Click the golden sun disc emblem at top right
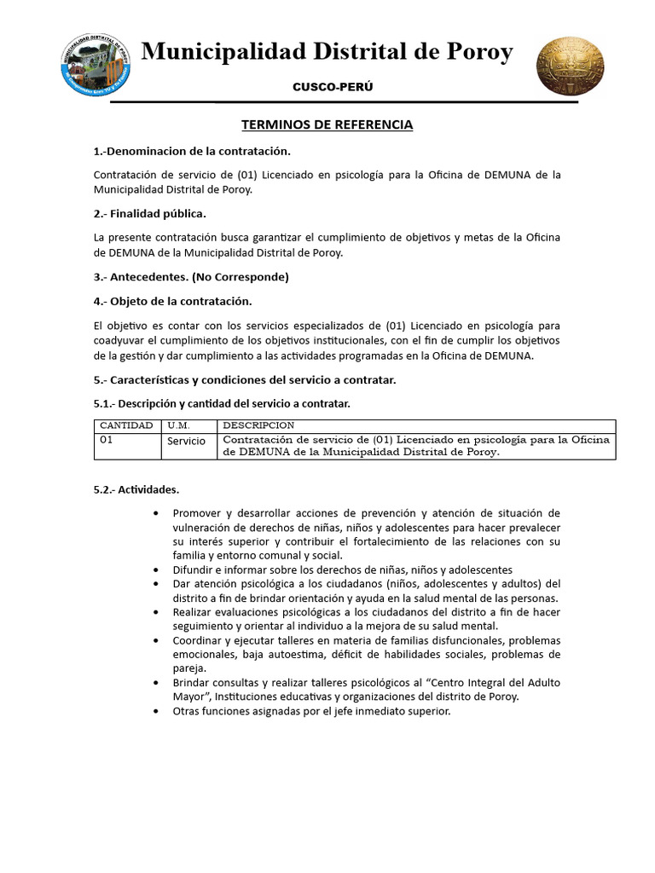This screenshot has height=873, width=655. (x=570, y=66)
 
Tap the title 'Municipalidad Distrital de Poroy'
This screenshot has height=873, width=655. (x=327, y=53)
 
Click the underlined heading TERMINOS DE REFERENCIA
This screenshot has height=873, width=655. (x=327, y=125)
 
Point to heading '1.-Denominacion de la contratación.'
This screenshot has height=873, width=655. (x=192, y=152)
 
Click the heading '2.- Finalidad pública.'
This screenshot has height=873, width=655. (x=149, y=213)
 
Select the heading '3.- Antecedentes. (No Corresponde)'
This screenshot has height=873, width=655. (x=191, y=277)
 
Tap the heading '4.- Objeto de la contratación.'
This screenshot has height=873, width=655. (x=173, y=301)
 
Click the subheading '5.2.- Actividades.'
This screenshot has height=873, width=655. (x=136, y=490)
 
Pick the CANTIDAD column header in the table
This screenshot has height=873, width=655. (x=126, y=425)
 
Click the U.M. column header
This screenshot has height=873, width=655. (x=178, y=425)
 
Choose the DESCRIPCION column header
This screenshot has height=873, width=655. (x=258, y=425)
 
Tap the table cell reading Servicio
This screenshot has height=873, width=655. (x=186, y=442)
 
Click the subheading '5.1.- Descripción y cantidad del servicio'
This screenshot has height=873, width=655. (x=222, y=403)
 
